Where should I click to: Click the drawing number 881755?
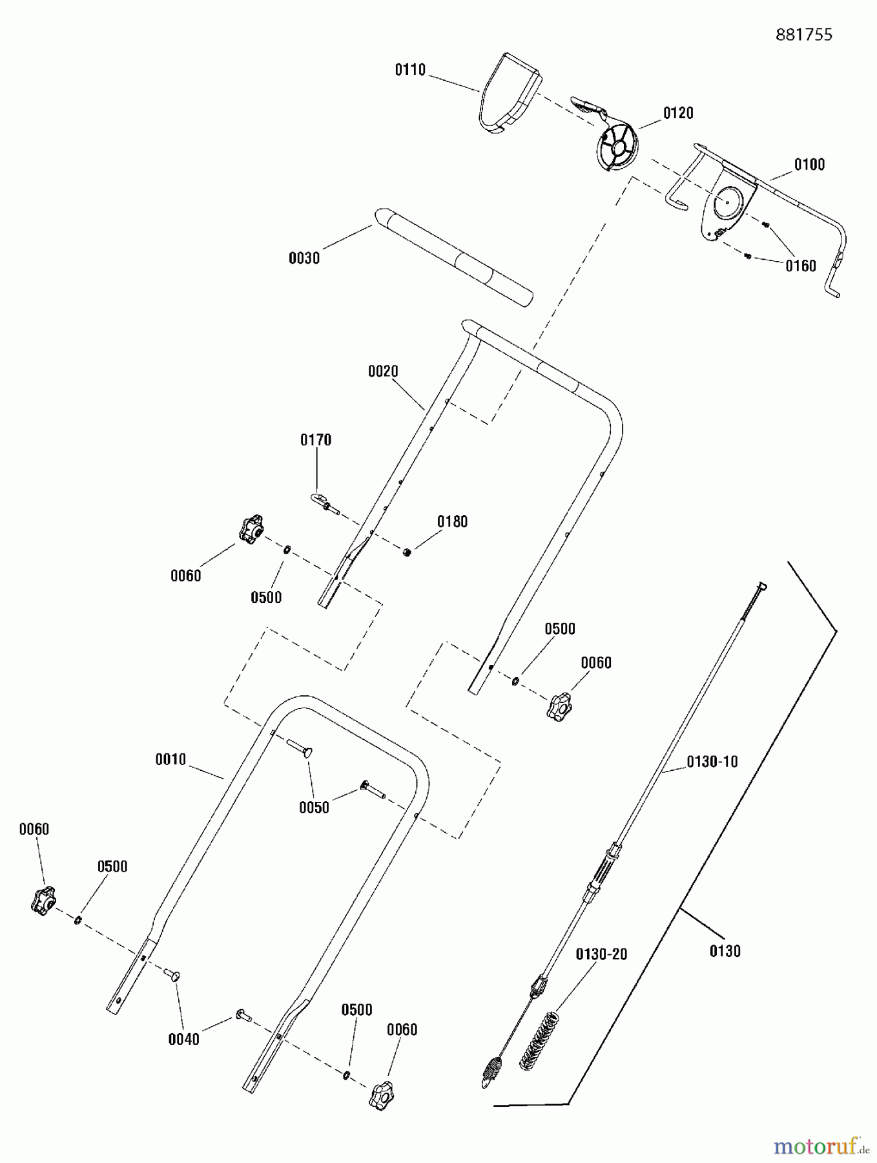[803, 35]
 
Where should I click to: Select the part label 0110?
[410, 70]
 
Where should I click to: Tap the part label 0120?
[678, 113]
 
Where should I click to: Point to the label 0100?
[809, 165]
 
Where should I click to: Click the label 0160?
[801, 266]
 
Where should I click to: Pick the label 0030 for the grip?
[304, 258]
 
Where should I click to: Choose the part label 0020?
[383, 372]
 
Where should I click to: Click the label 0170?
[316, 440]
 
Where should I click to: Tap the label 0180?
[452, 521]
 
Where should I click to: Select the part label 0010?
[170, 760]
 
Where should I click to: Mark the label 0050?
[314, 808]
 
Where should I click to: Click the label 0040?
[184, 1040]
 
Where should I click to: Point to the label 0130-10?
[712, 762]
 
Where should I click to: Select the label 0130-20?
[601, 954]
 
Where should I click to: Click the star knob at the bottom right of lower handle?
[381, 1095]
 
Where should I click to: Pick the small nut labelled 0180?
[407, 552]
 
